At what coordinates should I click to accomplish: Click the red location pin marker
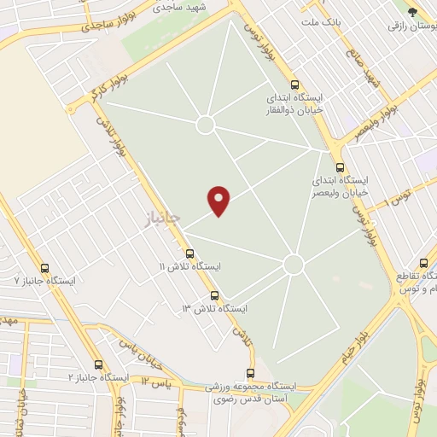pyautogui.click(x=219, y=200)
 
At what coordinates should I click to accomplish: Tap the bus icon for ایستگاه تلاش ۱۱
pyautogui.click(x=189, y=253)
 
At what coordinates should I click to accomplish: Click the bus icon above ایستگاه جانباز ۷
pyautogui.click(x=44, y=267)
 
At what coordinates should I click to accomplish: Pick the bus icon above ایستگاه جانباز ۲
pyautogui.click(x=98, y=364)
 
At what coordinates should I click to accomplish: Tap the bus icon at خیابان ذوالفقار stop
pyautogui.click(x=294, y=85)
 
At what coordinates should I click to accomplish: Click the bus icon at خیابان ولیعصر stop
pyautogui.click(x=340, y=168)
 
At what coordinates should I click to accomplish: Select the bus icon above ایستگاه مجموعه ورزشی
pyautogui.click(x=250, y=373)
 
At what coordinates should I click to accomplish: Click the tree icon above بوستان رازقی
pyautogui.click(x=413, y=12)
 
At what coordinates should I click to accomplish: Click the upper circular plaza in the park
pyautogui.click(x=205, y=125)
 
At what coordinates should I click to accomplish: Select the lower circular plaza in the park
pyautogui.click(x=294, y=265)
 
